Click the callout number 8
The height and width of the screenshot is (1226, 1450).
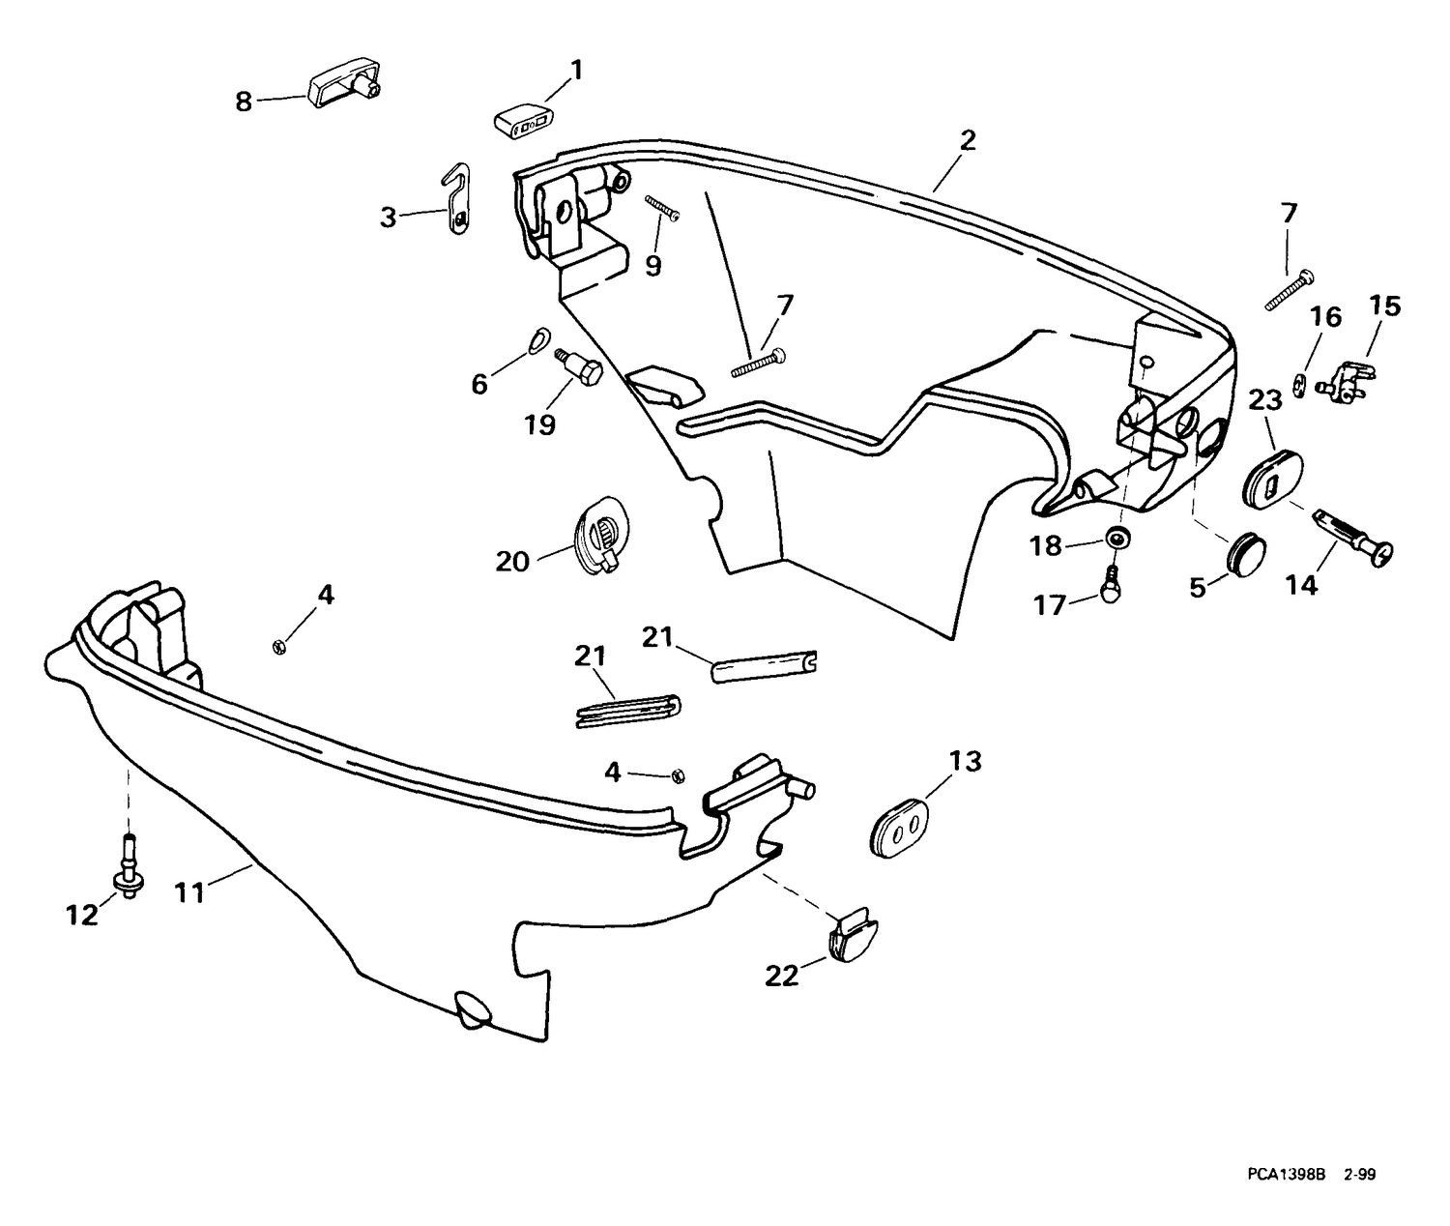pos(244,102)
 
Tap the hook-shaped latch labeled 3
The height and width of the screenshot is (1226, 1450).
pos(459,200)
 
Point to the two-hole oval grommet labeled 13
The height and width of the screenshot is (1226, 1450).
pos(899,826)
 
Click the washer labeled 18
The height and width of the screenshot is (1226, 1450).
pos(1117,538)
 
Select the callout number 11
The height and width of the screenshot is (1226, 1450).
pos(188,893)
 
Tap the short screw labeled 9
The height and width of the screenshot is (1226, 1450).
pos(662,209)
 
